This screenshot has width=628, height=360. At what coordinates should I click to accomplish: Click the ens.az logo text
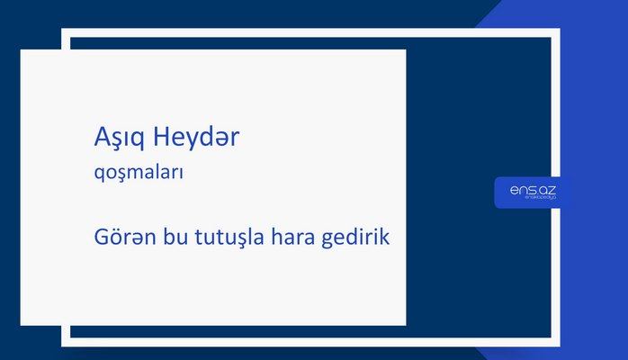click(532, 190)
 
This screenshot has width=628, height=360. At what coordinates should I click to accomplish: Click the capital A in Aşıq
click(102, 138)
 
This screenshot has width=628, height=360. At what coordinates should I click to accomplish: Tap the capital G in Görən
click(101, 238)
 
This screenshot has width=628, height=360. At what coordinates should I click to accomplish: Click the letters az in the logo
click(549, 190)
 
